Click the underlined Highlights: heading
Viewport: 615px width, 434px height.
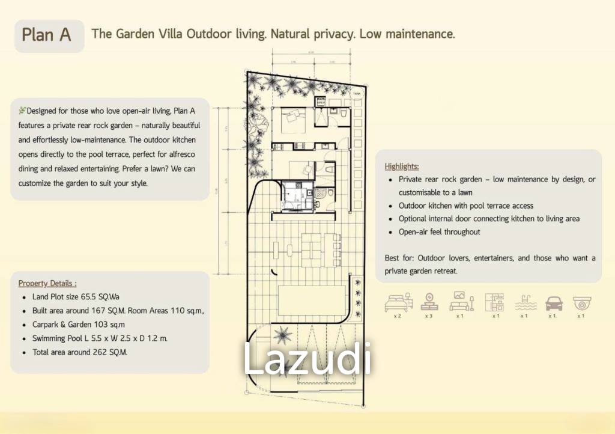[402, 167]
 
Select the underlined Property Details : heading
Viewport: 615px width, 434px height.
[47, 283]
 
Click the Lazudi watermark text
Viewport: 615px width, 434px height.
[307, 359]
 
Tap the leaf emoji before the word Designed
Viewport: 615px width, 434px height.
[22, 111]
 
